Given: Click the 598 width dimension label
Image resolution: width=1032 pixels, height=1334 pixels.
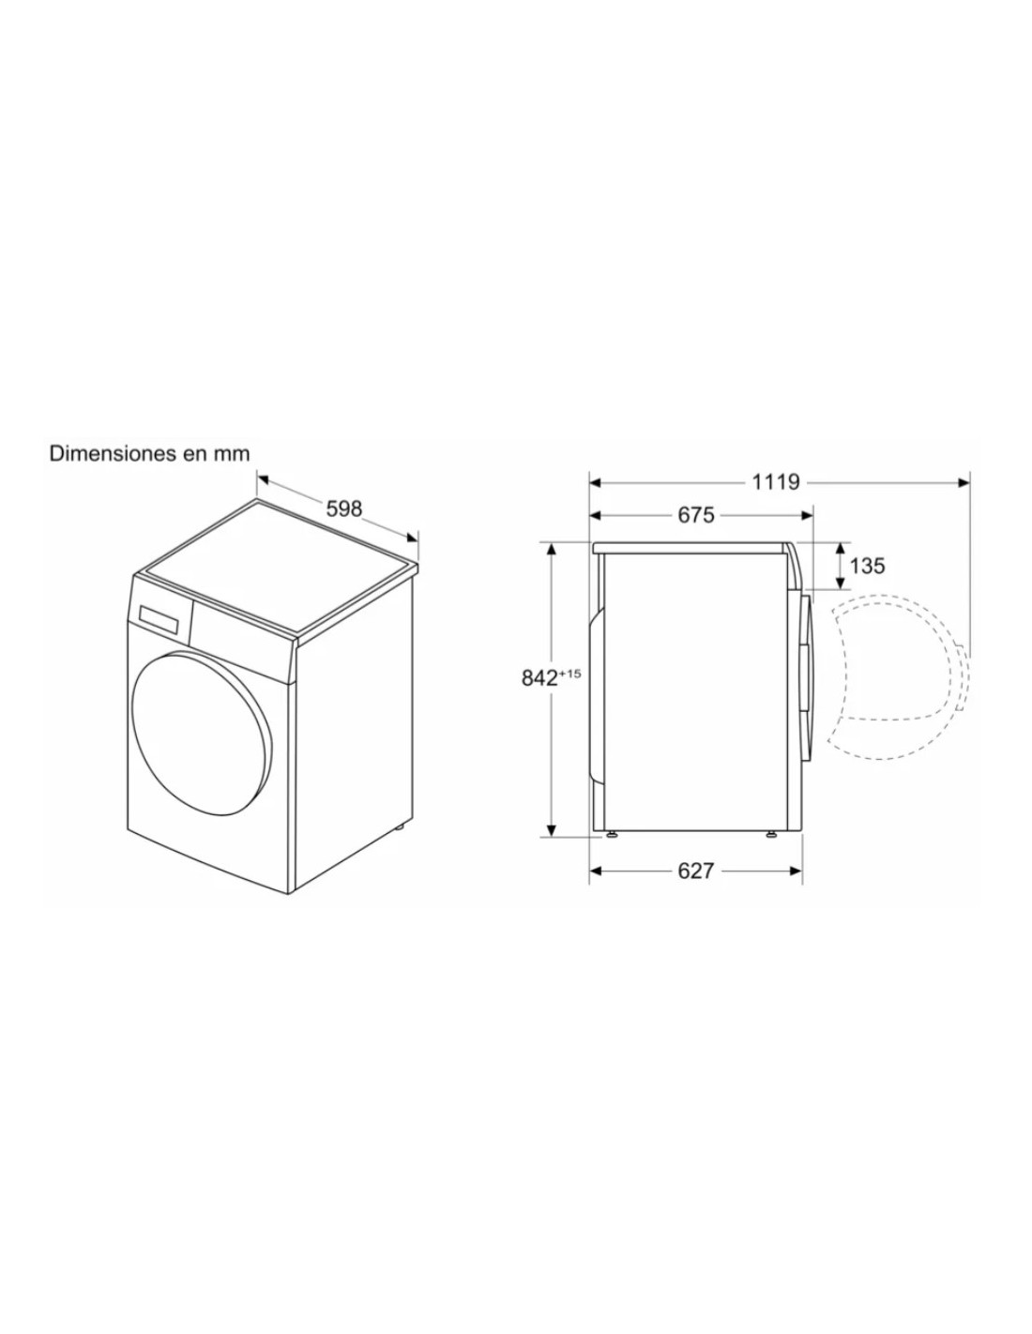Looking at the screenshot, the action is click(x=343, y=508).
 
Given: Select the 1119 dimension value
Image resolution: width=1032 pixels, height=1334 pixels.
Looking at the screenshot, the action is click(x=776, y=482).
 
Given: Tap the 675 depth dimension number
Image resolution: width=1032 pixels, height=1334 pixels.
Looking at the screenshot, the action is click(x=696, y=515).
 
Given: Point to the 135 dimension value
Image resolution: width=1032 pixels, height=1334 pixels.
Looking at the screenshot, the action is click(x=867, y=566).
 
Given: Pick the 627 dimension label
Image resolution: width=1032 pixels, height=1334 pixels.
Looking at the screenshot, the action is click(x=696, y=871).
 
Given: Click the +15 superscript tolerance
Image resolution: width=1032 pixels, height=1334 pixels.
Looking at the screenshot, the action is click(x=569, y=674).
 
